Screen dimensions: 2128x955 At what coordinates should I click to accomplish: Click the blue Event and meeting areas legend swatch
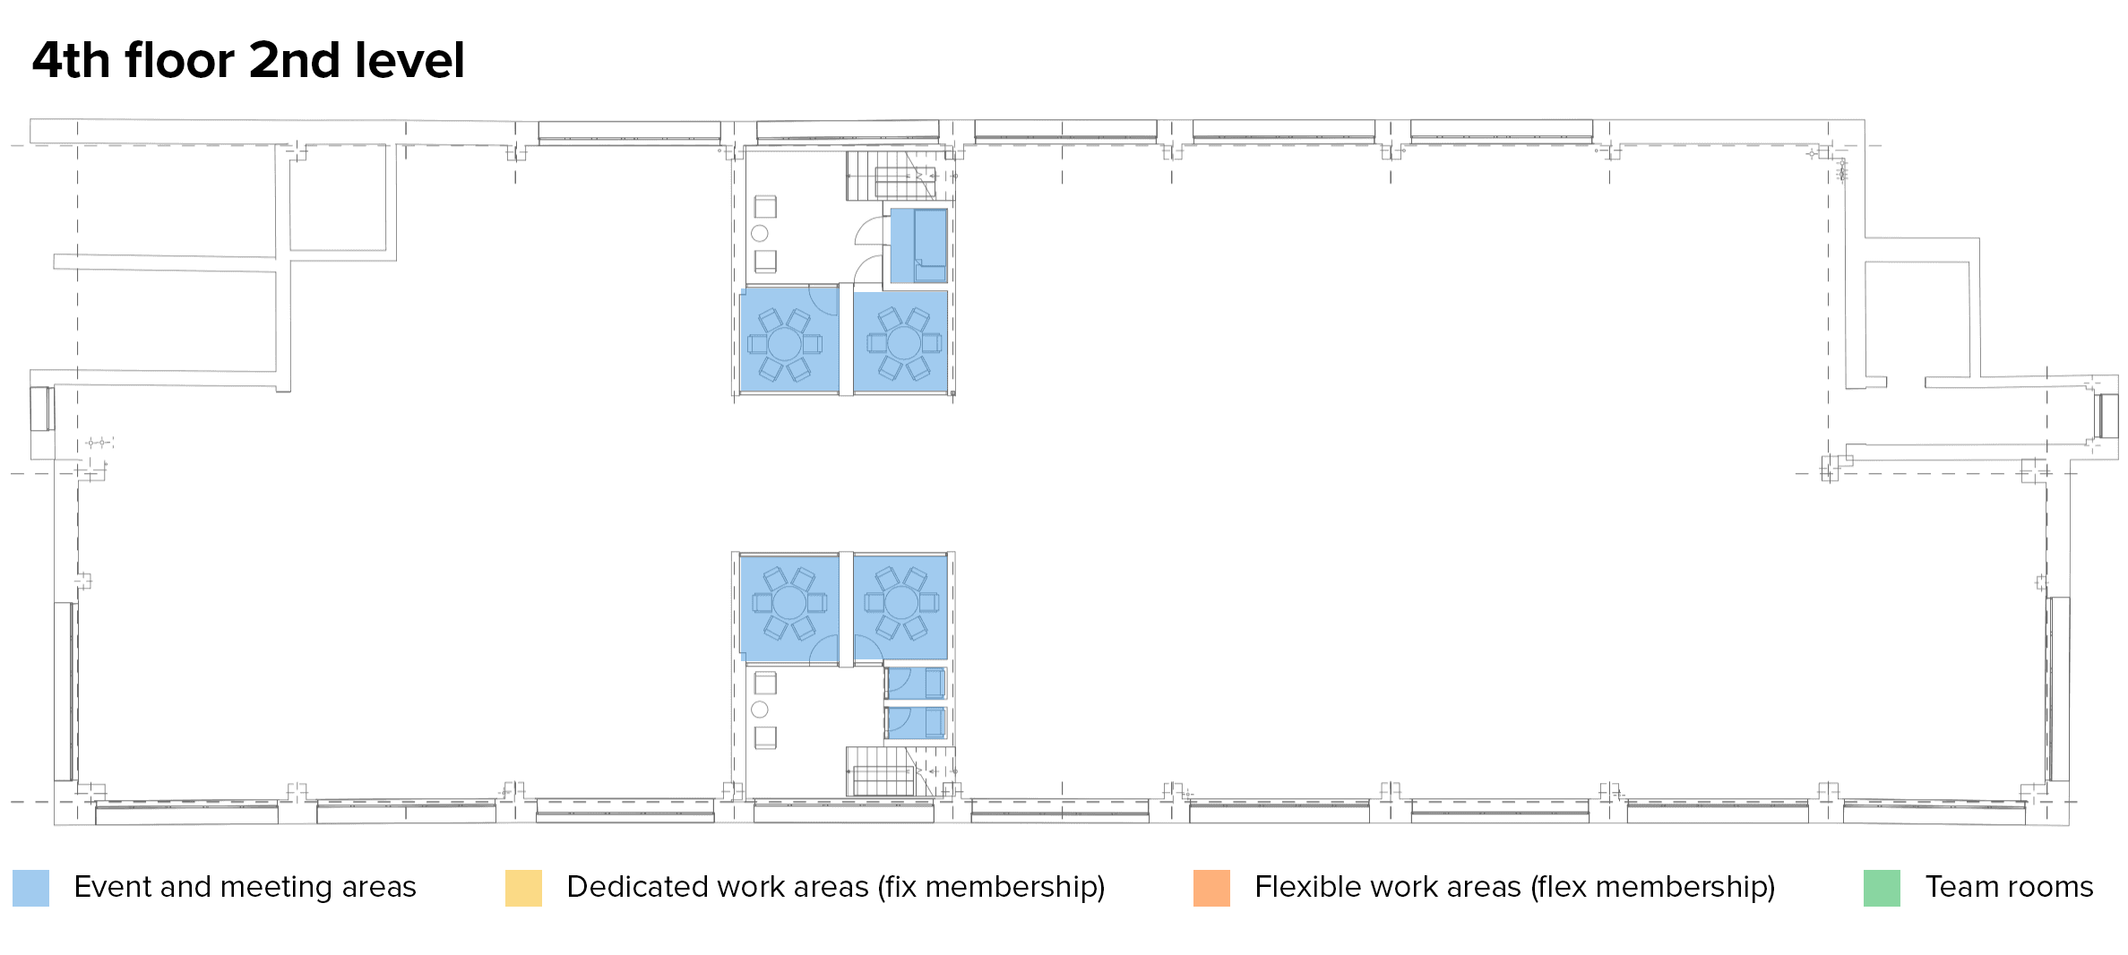[30, 888]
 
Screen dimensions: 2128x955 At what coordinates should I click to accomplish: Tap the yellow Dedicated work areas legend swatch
[523, 888]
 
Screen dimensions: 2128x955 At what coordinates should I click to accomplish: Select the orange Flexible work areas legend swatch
[1211, 888]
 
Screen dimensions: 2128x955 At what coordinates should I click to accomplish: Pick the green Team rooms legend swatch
[1882, 888]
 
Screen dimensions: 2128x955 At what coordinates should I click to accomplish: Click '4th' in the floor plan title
[71, 61]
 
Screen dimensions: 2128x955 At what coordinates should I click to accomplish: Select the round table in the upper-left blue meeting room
[784, 344]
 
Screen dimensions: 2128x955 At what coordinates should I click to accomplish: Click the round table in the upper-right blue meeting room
[903, 342]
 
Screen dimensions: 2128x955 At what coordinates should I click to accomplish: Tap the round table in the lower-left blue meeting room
[789, 603]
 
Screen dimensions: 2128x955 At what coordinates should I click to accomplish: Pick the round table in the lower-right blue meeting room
[901, 602]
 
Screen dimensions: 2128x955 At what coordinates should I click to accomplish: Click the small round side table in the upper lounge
[760, 234]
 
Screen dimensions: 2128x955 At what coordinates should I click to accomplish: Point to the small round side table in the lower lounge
[760, 710]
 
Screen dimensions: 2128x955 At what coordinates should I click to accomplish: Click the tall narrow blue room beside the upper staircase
[918, 245]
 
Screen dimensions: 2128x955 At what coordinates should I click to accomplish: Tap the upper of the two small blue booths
[916, 683]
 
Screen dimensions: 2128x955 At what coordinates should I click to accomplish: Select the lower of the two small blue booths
[916, 723]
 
